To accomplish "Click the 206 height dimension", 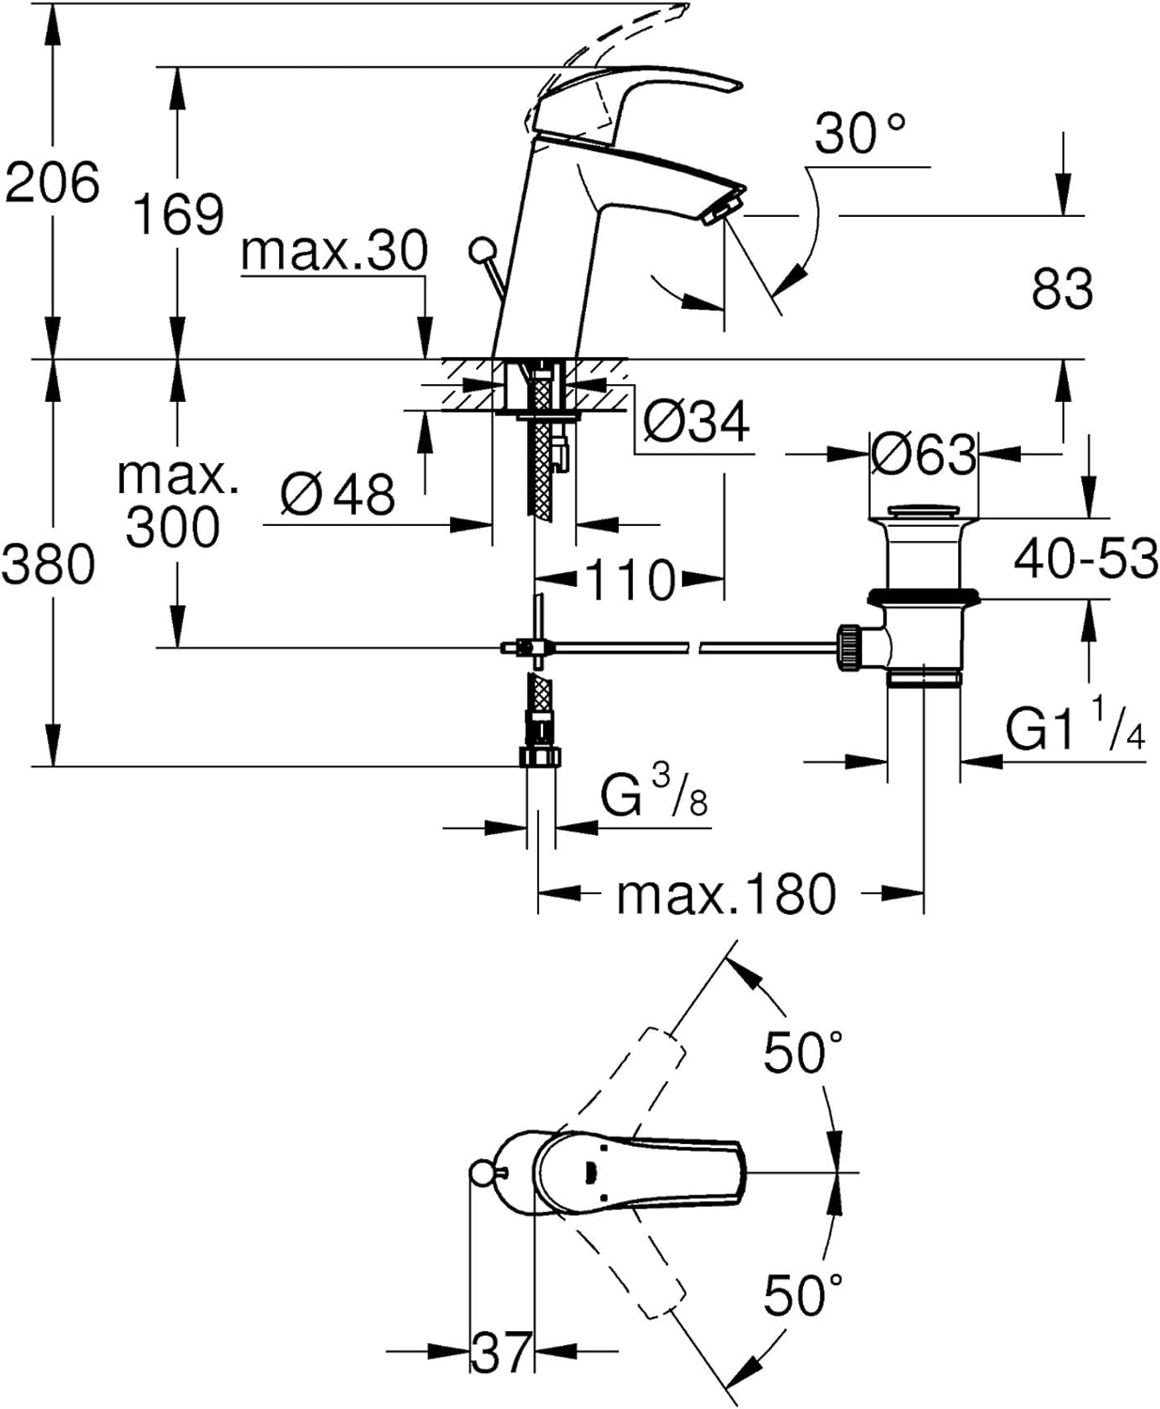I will [x=53, y=182].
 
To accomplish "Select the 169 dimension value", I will [x=178, y=214].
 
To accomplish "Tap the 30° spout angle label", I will [x=859, y=133].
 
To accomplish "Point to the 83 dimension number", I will [x=1062, y=288].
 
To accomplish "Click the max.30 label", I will [x=334, y=252].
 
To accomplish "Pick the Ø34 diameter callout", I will [x=696, y=422].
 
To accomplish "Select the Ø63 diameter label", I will [x=923, y=456].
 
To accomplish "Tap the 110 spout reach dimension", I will [x=630, y=580].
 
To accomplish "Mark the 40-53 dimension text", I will [x=1086, y=560].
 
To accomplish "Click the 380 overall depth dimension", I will [x=49, y=565].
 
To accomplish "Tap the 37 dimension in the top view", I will [x=502, y=1354].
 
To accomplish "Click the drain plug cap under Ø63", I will [x=924, y=513].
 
